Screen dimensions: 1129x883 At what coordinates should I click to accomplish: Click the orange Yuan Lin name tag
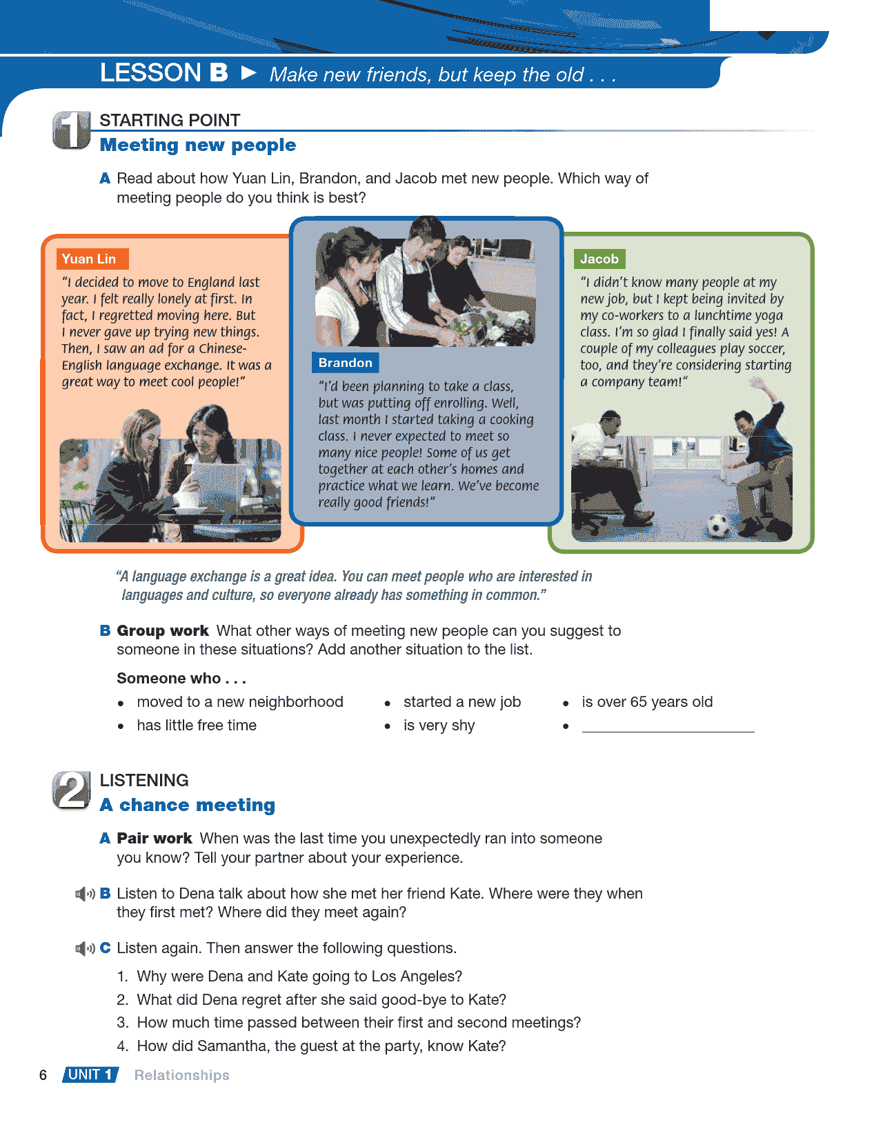pyautogui.click(x=92, y=259)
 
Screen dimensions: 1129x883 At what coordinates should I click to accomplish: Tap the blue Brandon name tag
pyautogui.click(x=345, y=363)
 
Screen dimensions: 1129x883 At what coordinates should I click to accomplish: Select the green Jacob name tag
pyautogui.click(x=599, y=259)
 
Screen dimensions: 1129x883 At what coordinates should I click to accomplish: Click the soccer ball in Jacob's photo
pyautogui.click(x=717, y=526)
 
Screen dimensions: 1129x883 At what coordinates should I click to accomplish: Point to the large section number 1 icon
pyautogui.click(x=71, y=130)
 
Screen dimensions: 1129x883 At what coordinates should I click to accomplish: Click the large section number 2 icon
pyautogui.click(x=71, y=790)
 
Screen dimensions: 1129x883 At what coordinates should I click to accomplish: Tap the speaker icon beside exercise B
pyautogui.click(x=85, y=895)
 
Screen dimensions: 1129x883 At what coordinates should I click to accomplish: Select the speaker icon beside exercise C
pyautogui.click(x=85, y=949)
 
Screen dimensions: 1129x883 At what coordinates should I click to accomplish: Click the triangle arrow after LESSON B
pyautogui.click(x=249, y=72)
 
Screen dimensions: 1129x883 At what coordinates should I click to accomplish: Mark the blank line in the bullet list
pyautogui.click(x=668, y=727)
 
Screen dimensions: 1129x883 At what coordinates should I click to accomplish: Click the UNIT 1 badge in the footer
pyautogui.click(x=90, y=1075)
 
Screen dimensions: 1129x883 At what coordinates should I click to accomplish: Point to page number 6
pyautogui.click(x=43, y=1075)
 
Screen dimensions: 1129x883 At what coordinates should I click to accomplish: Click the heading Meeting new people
pyautogui.click(x=198, y=146)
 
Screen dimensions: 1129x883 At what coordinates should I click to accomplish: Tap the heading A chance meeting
pyautogui.click(x=188, y=806)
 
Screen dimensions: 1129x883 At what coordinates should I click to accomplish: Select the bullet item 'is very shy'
pyautogui.click(x=439, y=726)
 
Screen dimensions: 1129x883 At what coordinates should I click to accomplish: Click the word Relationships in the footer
pyautogui.click(x=181, y=1075)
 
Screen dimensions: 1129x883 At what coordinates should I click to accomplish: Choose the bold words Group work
pyautogui.click(x=163, y=631)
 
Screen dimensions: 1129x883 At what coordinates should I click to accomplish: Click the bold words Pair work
pyautogui.click(x=155, y=839)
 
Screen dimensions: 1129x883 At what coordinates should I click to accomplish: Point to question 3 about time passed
pyautogui.click(x=359, y=1023)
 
